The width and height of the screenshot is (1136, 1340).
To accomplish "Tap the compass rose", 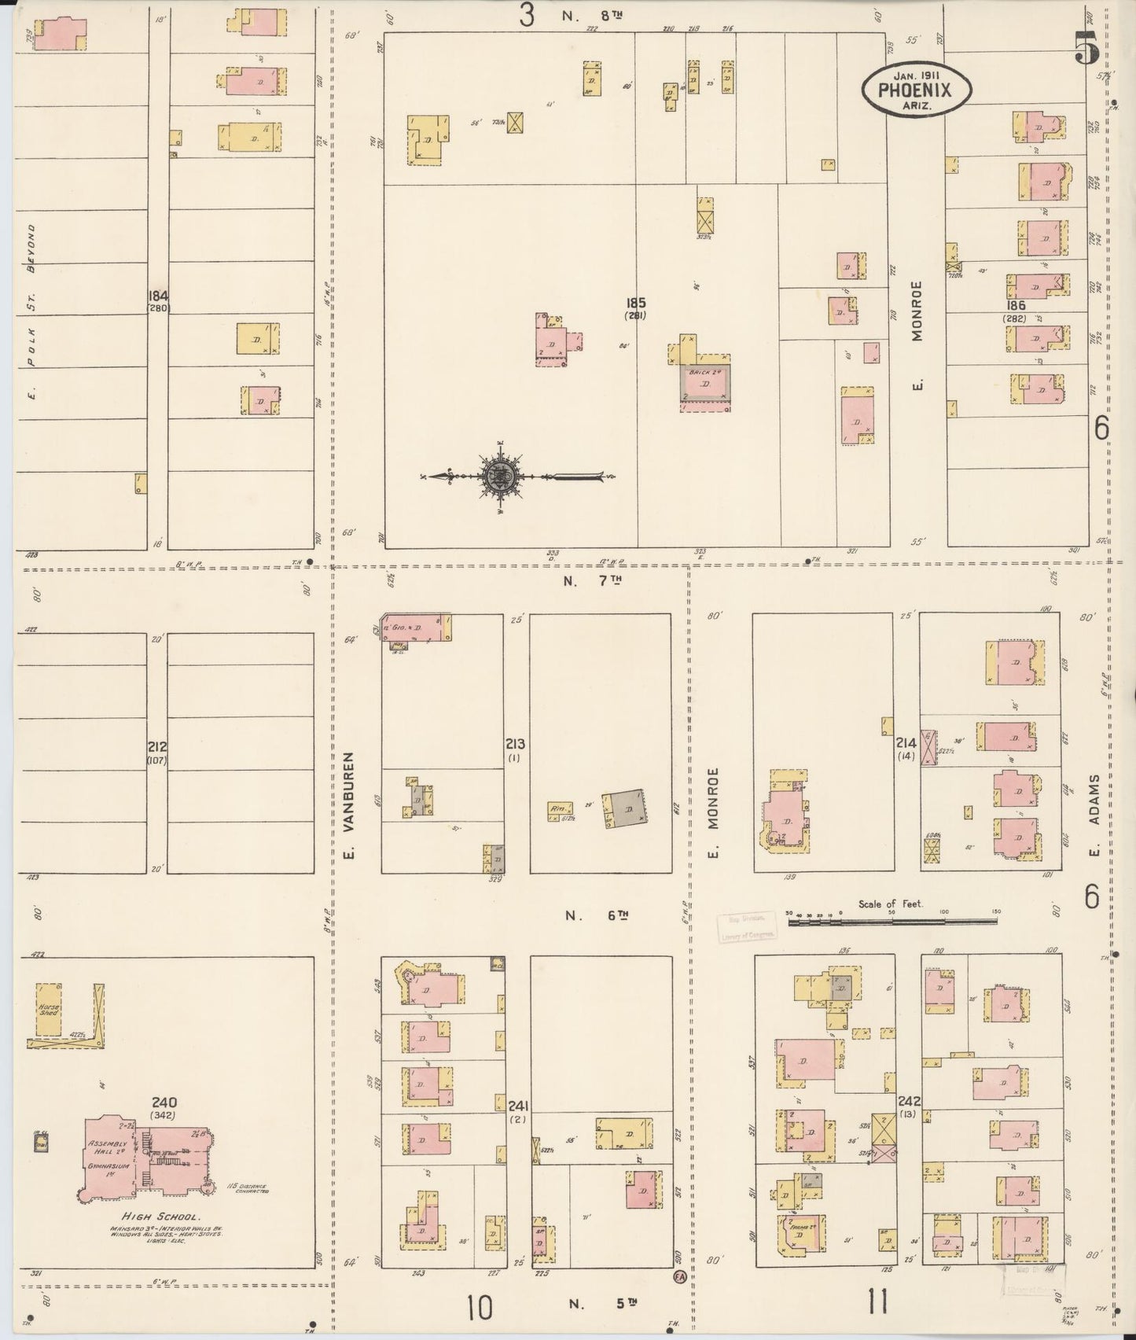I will tap(501, 475).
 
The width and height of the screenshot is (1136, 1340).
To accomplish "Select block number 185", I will tap(636, 302).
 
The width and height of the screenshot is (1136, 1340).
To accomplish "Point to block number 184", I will tap(158, 296).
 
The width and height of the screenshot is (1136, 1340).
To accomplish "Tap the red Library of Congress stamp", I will tap(745, 926).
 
